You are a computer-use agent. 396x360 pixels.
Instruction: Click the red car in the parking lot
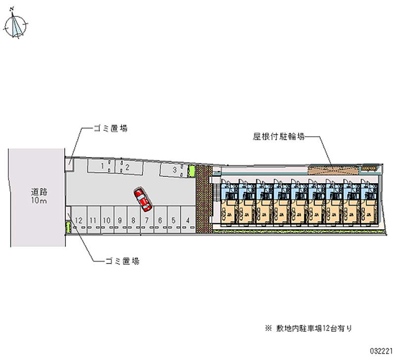pos(143,200)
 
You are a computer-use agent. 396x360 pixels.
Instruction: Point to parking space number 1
pos(102,167)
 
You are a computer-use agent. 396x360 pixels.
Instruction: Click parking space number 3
pos(175,170)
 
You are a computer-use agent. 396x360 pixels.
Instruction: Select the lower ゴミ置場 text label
pos(122,260)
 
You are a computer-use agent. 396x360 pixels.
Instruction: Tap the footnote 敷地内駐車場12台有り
pos(311,328)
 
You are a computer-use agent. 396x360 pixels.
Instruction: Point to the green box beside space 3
pos(192,171)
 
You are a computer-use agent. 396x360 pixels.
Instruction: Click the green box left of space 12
pos(68,227)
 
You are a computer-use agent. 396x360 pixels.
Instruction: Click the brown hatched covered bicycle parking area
pos(332,169)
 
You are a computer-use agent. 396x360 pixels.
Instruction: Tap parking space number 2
pos(127,167)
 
